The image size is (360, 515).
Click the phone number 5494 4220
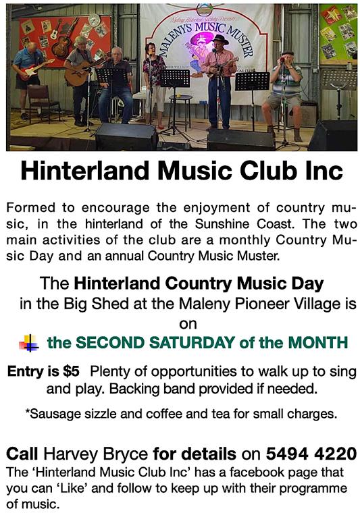pos(311,454)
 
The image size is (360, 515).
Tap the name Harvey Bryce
pos(95,454)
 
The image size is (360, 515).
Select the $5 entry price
pos(71,371)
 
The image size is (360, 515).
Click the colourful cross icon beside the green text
pos(28,343)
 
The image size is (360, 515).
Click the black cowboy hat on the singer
pos(220,39)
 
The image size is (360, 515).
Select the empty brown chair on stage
pos(43,103)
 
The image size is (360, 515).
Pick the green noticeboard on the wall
pos(338,33)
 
